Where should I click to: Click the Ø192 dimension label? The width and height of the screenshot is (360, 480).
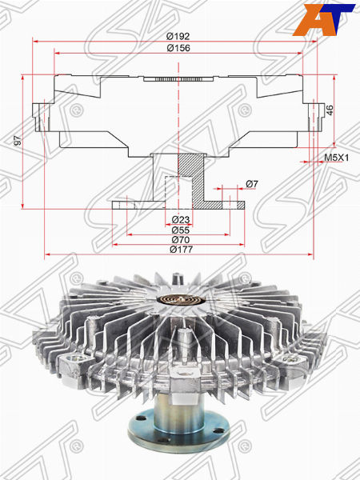point(178,37)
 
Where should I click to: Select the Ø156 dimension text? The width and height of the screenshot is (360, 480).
point(178,48)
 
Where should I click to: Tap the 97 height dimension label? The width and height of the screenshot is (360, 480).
point(18,141)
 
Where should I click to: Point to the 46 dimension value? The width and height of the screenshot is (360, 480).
point(330,110)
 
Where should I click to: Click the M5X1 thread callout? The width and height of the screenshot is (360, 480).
point(337,158)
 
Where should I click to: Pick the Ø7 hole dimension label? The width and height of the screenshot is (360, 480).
point(252,184)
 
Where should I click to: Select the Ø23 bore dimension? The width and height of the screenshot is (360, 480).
point(181,219)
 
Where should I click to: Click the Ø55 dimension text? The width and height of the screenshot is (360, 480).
point(181,230)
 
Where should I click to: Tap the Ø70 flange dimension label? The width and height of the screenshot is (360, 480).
point(181,240)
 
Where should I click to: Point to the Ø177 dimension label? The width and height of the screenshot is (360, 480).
point(182,250)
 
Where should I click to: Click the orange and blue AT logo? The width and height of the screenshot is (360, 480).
point(324,19)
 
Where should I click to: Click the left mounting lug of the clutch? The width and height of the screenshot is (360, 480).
point(74,366)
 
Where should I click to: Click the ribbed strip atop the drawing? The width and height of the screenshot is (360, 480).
point(178,79)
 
